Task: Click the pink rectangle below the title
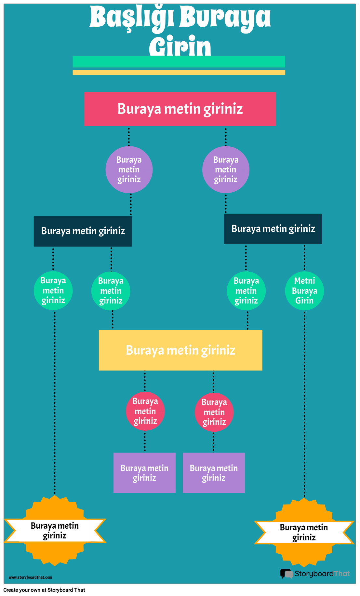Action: (x=180, y=109)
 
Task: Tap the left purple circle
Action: (x=129, y=169)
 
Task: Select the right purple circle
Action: (x=226, y=169)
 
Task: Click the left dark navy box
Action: (x=83, y=231)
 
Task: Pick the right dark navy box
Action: (x=273, y=229)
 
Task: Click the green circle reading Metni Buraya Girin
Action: (x=304, y=291)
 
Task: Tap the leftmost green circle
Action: (x=53, y=290)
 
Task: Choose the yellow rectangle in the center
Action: (x=180, y=350)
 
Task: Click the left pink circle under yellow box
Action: (x=145, y=411)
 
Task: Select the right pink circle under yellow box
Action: (x=214, y=412)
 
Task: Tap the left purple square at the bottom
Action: (x=144, y=473)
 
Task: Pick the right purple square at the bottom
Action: (x=214, y=473)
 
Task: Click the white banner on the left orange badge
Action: (x=55, y=530)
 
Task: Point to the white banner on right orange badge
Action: (x=304, y=532)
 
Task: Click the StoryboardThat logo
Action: (x=315, y=574)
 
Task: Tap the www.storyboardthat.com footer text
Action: (x=30, y=577)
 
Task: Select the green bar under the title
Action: (x=179, y=61)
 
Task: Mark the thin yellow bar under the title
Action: (x=179, y=73)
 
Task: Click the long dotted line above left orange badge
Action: (x=55, y=403)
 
